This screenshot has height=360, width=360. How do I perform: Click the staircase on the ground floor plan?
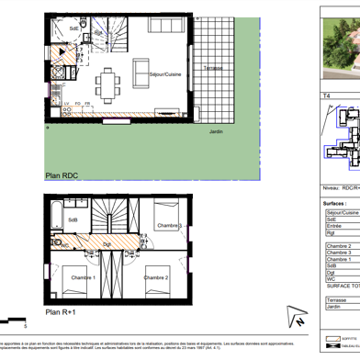click(115, 42)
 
